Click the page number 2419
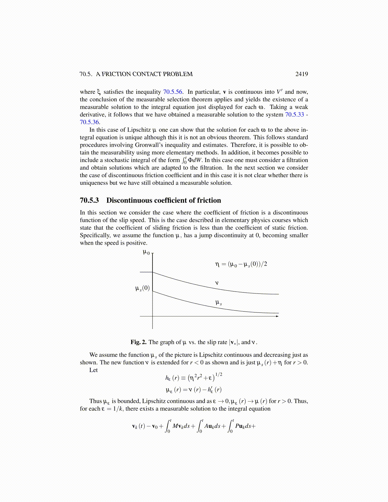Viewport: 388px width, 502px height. tap(301, 74)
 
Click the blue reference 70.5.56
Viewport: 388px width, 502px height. tap(173, 92)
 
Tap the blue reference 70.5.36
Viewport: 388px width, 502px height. tap(89, 122)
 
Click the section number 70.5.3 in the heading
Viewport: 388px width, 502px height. tap(89, 200)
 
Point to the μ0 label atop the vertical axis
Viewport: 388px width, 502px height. tap(146, 253)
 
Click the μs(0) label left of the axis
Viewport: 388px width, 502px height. tap(142, 288)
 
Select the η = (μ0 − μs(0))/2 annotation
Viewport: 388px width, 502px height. tap(241, 264)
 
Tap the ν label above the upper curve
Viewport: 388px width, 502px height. tap(217, 283)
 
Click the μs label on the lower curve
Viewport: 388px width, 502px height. tap(218, 303)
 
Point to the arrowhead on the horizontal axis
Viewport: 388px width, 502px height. tap(277, 316)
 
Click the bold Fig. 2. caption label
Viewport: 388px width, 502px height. tap(139, 342)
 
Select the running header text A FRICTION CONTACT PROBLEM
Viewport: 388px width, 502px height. tap(144, 74)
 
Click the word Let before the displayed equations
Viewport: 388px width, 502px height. tap(94, 370)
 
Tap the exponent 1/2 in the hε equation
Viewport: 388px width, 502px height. tap(219, 375)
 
